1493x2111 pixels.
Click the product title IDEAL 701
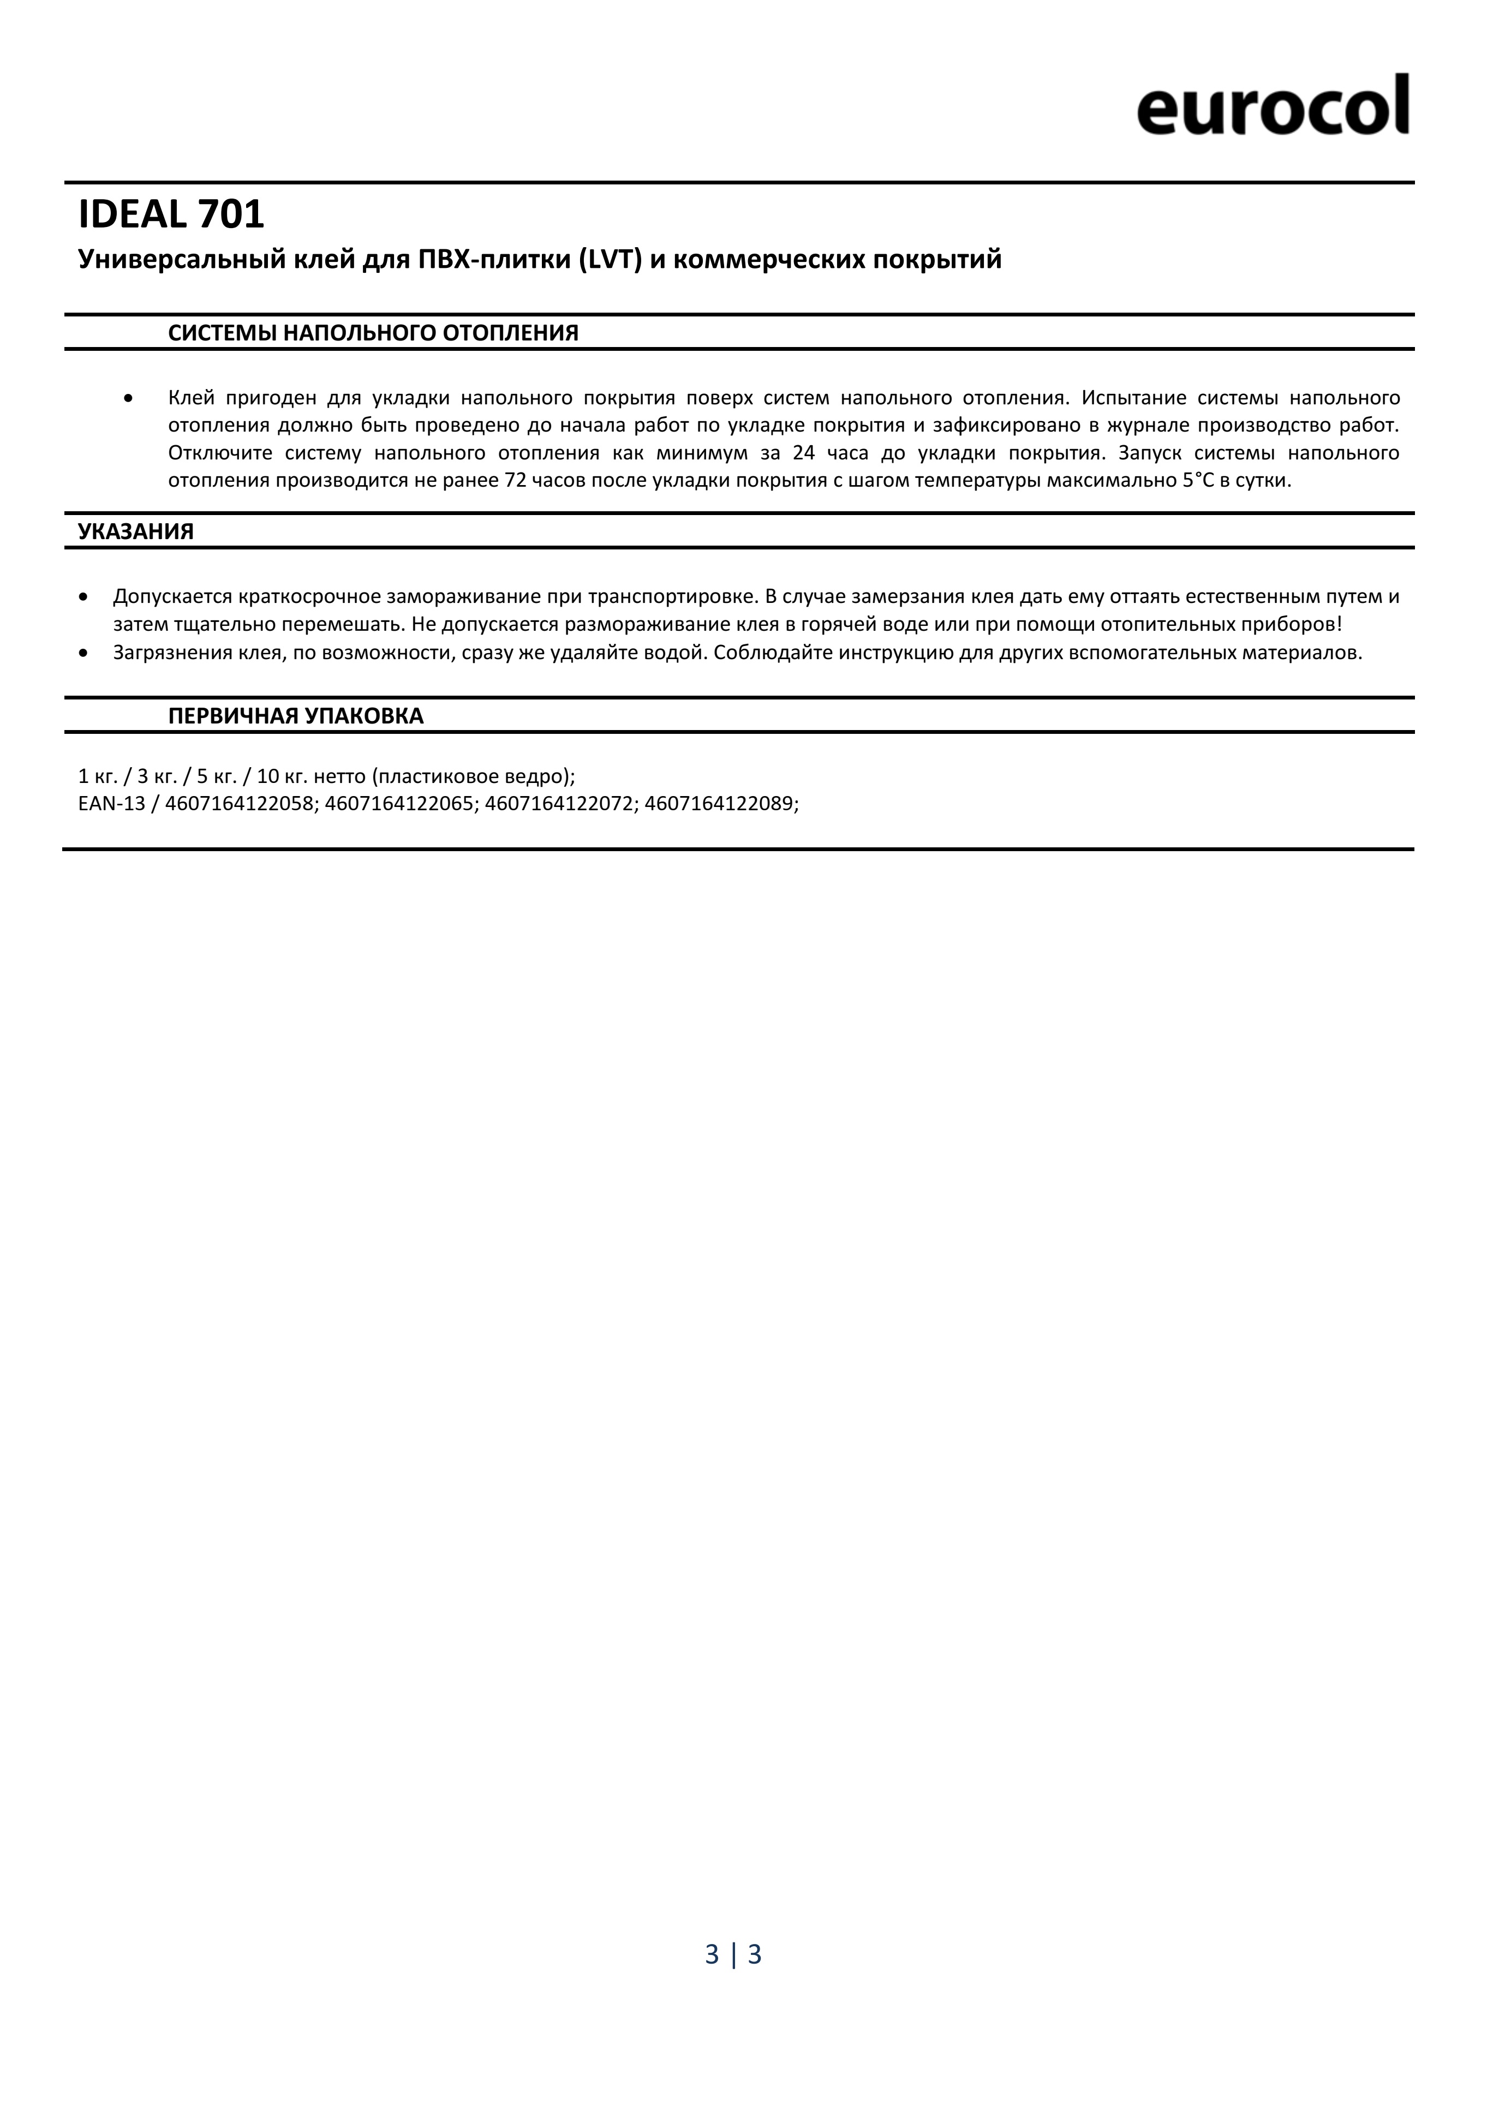172,215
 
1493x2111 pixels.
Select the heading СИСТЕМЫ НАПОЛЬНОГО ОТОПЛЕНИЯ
373,333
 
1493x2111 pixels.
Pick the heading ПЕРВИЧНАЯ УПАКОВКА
296,716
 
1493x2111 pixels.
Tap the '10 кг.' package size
280,775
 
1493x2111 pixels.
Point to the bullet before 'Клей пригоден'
129,398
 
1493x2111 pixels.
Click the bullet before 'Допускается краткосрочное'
85,597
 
